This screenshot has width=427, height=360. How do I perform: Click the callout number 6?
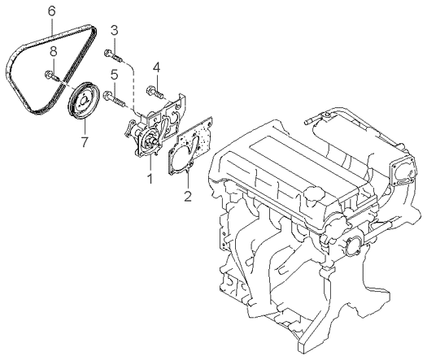click(x=52, y=11)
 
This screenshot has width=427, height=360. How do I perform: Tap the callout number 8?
click(x=54, y=51)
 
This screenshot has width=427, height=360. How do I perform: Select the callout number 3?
click(x=115, y=31)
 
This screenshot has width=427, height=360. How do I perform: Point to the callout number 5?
click(x=156, y=67)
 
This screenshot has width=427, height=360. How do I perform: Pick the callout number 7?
click(x=85, y=141)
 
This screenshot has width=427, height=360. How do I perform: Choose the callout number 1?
click(x=150, y=179)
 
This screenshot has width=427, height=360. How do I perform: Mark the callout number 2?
click(x=188, y=197)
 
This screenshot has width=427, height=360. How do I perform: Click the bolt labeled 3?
click(x=114, y=55)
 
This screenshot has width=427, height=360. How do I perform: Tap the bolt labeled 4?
click(x=155, y=93)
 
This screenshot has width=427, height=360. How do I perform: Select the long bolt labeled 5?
click(x=115, y=99)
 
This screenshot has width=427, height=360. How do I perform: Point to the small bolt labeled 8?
click(x=52, y=76)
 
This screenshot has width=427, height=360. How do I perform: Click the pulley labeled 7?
click(x=84, y=101)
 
